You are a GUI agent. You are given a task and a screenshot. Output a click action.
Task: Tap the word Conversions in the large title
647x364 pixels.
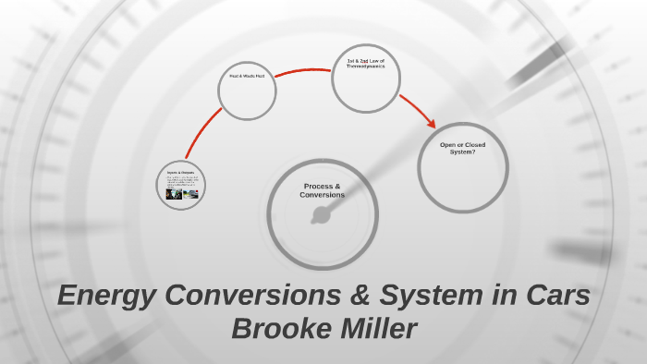[x=256, y=297]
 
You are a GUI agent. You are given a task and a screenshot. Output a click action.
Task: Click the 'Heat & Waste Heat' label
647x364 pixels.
[x=247, y=76]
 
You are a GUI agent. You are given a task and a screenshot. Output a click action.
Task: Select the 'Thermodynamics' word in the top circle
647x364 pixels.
[x=365, y=67]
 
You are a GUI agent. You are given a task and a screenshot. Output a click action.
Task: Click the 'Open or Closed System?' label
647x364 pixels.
[x=462, y=148]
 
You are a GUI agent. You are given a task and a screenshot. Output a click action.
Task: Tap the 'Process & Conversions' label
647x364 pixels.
[x=323, y=190]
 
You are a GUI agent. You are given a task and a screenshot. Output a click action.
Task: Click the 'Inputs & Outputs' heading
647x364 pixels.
[x=180, y=173]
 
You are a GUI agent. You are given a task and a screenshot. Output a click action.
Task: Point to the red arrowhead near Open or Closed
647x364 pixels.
[x=431, y=123]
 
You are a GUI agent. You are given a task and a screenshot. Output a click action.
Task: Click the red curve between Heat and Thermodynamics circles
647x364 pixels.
[x=303, y=70]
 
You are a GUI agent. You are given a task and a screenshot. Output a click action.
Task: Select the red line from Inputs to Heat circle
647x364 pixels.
[x=201, y=135]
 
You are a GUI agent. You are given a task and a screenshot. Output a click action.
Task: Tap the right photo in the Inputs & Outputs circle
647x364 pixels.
[x=189, y=194]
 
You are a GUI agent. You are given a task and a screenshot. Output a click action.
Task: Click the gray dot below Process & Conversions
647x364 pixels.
[x=321, y=216]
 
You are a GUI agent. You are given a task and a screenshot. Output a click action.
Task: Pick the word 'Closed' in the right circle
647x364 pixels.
[x=475, y=145]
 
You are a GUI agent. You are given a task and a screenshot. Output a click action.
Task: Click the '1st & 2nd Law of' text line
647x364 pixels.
[x=365, y=61]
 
